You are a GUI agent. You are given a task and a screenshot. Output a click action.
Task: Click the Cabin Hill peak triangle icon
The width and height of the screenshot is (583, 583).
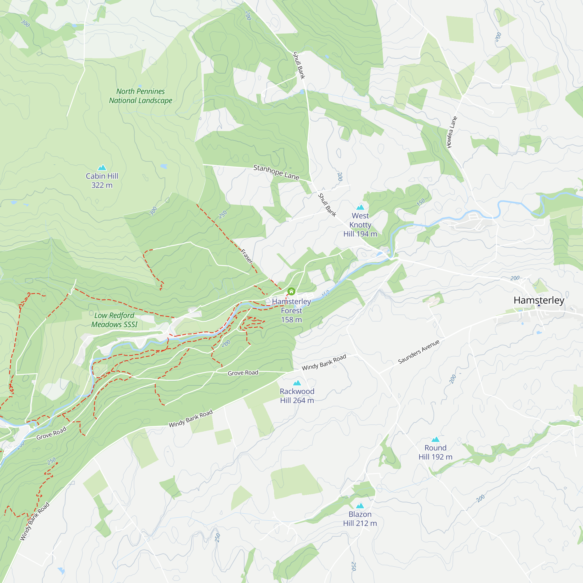(x=102, y=168)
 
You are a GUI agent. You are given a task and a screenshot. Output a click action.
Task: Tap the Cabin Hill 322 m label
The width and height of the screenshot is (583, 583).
(x=102, y=180)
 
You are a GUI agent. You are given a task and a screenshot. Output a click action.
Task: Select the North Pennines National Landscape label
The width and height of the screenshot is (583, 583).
(x=141, y=96)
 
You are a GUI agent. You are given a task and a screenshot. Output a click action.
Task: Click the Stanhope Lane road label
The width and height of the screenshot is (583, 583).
(x=276, y=172)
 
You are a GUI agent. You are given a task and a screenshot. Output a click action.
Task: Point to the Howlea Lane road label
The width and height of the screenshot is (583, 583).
(x=452, y=132)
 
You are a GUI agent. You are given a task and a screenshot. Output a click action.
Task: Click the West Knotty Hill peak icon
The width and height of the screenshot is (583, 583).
(x=360, y=207)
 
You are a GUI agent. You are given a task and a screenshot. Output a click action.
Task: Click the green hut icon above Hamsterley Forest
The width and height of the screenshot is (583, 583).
(x=291, y=291)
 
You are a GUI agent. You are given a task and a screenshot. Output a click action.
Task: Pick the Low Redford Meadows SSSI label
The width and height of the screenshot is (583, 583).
(x=114, y=320)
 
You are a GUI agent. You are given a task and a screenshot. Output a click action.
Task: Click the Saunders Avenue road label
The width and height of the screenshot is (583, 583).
(x=419, y=352)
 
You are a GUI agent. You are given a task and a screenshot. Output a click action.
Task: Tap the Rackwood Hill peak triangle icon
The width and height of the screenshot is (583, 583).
(x=297, y=383)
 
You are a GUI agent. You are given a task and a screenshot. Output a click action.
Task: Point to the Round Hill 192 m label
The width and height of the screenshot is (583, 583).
(x=436, y=452)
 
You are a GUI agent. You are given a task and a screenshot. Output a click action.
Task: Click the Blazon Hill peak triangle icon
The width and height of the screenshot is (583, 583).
(x=360, y=505)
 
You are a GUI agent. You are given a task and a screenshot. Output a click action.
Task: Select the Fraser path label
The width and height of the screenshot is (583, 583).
(x=247, y=256)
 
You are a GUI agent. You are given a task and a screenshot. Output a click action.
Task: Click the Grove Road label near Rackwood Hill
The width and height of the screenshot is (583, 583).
(x=243, y=373)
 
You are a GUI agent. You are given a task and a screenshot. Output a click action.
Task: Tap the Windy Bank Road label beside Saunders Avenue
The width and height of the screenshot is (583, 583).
(x=324, y=362)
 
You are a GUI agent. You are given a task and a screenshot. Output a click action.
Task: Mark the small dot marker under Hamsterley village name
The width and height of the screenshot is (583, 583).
(x=539, y=305)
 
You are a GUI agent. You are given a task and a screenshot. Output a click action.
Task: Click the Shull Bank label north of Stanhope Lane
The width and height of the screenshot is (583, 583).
(x=299, y=65)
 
